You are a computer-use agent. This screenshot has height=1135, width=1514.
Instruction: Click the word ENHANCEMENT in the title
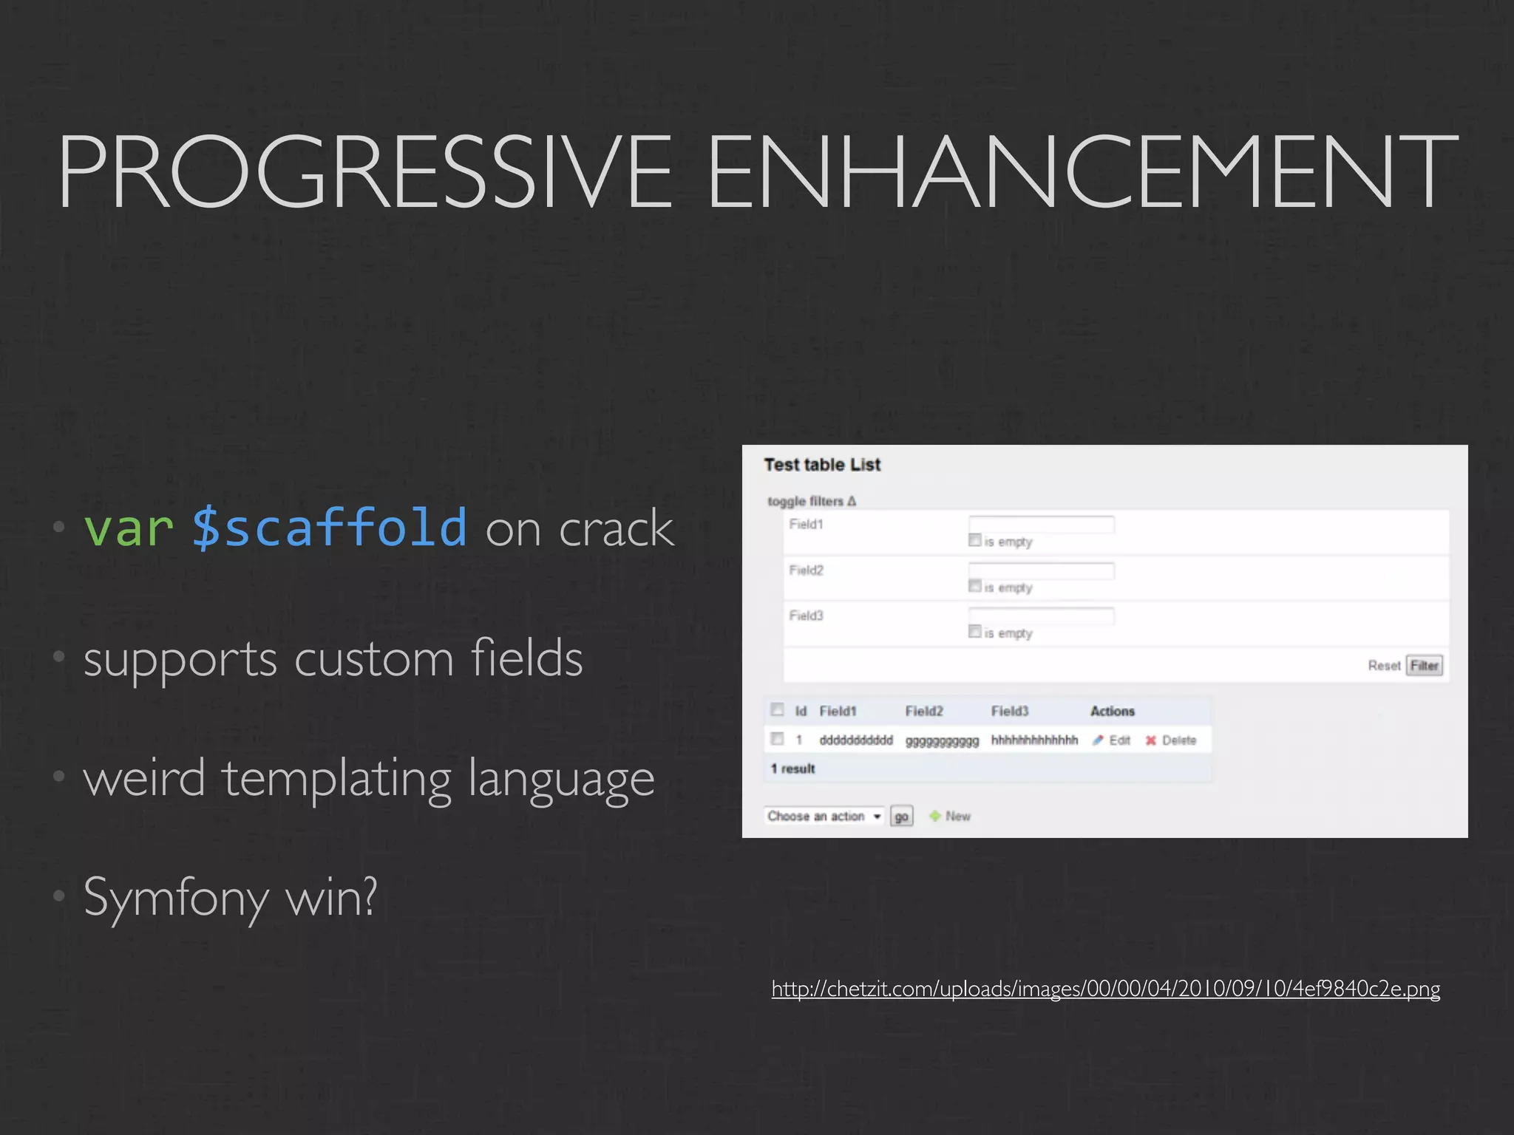1082,171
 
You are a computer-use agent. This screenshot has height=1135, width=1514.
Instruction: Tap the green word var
129,528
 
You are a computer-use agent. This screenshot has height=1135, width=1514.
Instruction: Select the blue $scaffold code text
329,528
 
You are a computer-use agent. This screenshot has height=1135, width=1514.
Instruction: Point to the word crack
617,529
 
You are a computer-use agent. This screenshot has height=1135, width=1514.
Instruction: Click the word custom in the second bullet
373,658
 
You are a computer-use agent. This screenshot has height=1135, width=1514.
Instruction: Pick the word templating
337,780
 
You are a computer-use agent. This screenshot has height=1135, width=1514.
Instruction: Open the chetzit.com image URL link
1105,989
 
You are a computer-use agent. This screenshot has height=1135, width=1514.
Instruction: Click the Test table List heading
822,465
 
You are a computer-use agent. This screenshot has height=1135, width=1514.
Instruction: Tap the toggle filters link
811,501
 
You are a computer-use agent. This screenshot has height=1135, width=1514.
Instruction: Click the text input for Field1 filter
1041,525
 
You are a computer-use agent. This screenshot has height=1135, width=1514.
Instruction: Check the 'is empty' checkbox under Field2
975,586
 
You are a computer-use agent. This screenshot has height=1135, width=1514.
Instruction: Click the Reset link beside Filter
1383,666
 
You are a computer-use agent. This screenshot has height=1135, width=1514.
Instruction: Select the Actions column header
1112,711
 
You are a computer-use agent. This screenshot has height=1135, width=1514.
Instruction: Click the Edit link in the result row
1118,740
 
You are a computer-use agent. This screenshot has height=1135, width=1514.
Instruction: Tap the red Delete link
1178,740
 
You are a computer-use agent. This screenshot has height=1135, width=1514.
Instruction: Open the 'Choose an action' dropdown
824,816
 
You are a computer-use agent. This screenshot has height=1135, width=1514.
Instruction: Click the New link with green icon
957,816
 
